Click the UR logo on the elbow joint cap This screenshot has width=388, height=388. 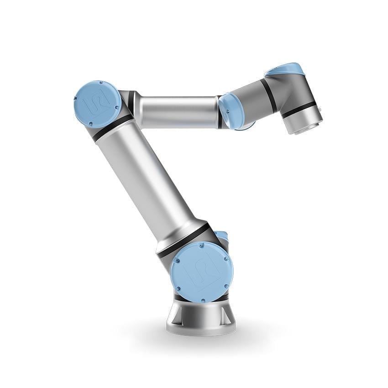(98, 103)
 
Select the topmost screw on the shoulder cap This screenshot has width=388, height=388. (201, 246)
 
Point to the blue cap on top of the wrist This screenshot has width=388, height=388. (285, 70)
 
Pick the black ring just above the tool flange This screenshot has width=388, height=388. (299, 110)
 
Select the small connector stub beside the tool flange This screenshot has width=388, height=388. (320, 109)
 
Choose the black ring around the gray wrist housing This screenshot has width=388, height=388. (270, 96)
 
